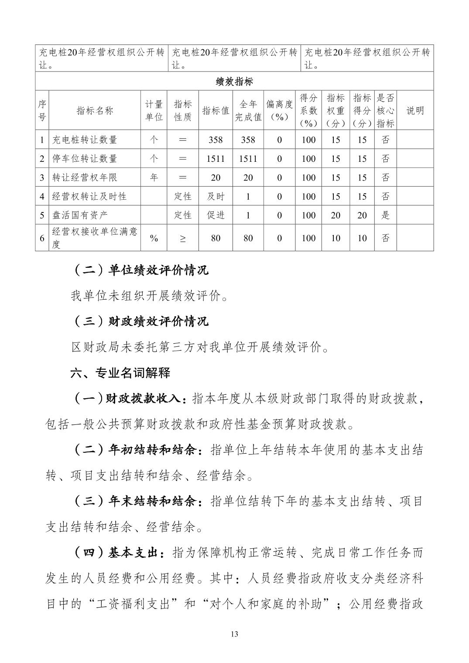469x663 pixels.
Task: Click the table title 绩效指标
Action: [234, 82]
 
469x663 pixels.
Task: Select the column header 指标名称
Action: [95, 110]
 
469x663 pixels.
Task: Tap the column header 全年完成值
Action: [248, 110]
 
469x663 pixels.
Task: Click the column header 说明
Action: [415, 110]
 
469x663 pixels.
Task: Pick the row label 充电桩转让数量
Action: [85, 140]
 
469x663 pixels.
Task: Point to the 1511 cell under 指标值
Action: [216, 159]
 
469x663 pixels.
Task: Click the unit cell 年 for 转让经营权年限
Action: [154, 178]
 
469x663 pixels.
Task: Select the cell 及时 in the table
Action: [216, 196]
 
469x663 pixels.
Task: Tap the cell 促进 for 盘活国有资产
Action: [216, 215]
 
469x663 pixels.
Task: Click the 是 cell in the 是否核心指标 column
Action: [385, 215]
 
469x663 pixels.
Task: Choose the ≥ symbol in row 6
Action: [183, 238]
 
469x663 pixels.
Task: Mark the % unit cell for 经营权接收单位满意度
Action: [154, 238]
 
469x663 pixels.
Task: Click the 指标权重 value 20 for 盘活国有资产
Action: [335, 215]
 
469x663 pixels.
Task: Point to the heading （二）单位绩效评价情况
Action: [140, 270]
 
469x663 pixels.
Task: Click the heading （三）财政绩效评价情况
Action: [140, 321]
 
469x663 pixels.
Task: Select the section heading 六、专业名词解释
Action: [120, 373]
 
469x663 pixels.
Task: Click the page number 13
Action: [234, 634]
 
